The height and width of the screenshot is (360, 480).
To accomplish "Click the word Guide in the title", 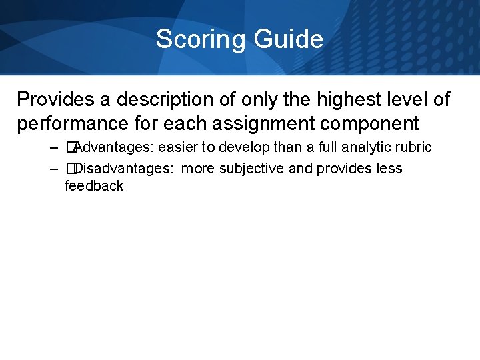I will click(288, 39).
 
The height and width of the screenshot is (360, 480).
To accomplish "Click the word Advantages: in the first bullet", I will click(115, 147).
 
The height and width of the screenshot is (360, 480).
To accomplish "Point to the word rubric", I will click(413, 147).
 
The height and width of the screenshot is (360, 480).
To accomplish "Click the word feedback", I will click(94, 185).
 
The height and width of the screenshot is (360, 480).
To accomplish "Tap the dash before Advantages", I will click(53, 147).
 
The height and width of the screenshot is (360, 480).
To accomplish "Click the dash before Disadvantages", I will click(53, 168).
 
